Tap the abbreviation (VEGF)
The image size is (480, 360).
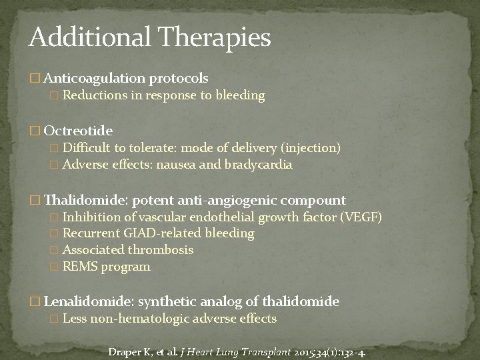point(361,217)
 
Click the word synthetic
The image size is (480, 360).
point(168,302)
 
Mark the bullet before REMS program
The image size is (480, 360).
point(55,267)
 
